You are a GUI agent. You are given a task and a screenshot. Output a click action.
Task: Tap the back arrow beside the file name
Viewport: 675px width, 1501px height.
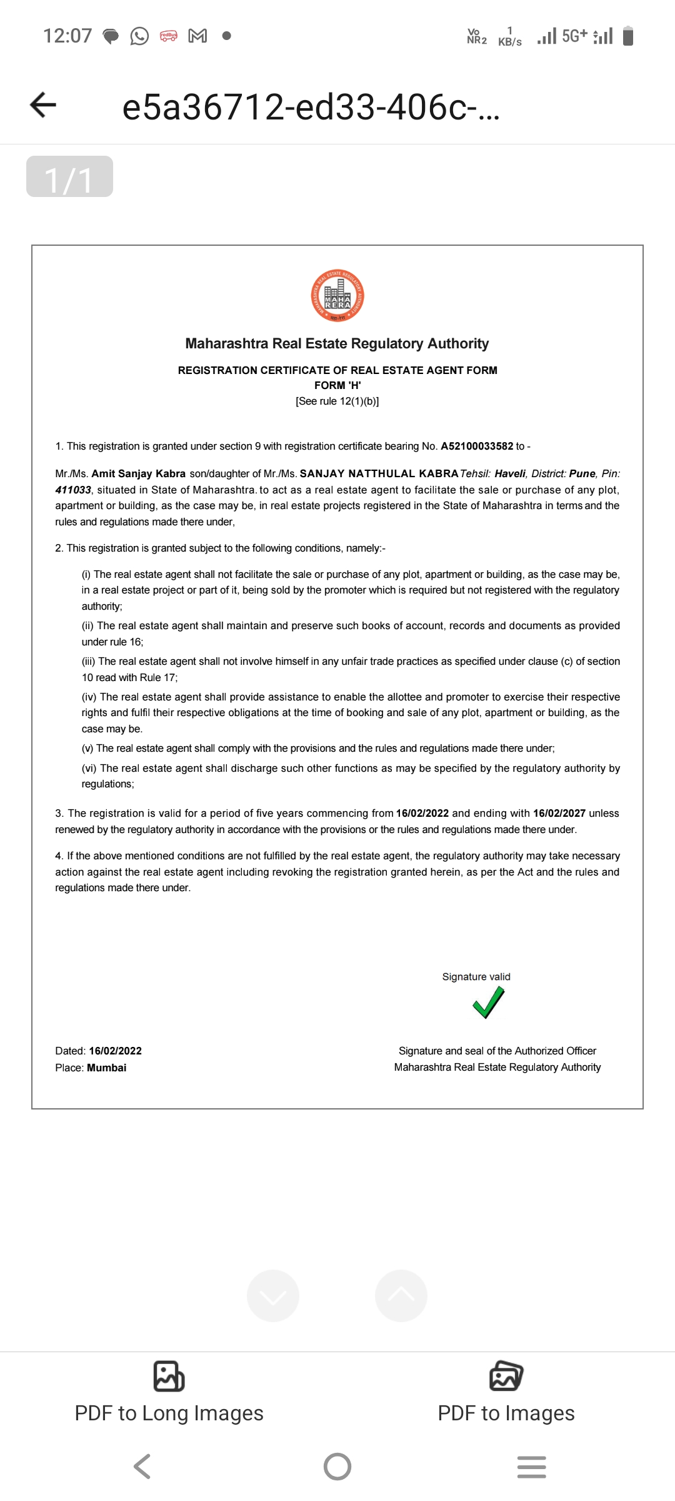pyautogui.click(x=43, y=104)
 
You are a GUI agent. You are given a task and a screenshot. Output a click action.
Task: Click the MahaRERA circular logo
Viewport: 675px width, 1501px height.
pyautogui.click(x=337, y=296)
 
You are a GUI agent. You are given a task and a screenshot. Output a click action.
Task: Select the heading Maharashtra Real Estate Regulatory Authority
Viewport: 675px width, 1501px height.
pyautogui.click(x=337, y=343)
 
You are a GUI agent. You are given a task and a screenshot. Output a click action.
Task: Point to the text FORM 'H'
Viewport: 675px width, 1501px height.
pyautogui.click(x=337, y=385)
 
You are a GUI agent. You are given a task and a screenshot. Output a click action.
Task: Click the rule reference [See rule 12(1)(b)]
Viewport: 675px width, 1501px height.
pyautogui.click(x=337, y=402)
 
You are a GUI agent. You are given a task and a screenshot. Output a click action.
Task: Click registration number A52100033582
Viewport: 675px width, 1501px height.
pyautogui.click(x=477, y=446)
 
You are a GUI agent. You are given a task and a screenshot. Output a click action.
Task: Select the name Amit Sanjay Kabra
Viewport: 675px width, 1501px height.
pyautogui.click(x=138, y=473)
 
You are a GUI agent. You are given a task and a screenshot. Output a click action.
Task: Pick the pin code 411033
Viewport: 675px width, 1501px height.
pyautogui.click(x=73, y=490)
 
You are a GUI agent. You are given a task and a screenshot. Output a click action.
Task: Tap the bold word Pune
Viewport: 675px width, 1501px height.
pyautogui.click(x=582, y=473)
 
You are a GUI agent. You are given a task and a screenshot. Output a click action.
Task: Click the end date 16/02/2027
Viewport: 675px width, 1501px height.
pyautogui.click(x=559, y=813)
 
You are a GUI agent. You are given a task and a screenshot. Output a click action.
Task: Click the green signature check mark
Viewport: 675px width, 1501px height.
pyautogui.click(x=488, y=1002)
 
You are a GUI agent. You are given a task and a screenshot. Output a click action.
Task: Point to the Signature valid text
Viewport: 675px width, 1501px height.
pyautogui.click(x=476, y=977)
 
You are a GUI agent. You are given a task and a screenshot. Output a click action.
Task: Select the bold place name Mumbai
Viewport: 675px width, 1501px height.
pyautogui.click(x=106, y=1068)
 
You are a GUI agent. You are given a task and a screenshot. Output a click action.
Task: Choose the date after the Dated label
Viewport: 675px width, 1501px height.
pyautogui.click(x=115, y=1051)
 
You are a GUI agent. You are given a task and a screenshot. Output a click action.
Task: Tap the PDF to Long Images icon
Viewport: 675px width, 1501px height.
pyautogui.click(x=169, y=1377)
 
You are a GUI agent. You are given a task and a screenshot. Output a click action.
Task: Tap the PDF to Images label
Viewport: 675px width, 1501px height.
pyautogui.click(x=506, y=1413)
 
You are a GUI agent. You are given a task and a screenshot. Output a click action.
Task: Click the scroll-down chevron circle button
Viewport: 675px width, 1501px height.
pyautogui.click(x=273, y=1296)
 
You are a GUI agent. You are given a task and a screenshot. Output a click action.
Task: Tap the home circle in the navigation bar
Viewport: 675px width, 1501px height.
pyautogui.click(x=337, y=1466)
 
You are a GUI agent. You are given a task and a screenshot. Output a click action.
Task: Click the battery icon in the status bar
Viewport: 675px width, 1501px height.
pyautogui.click(x=629, y=36)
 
